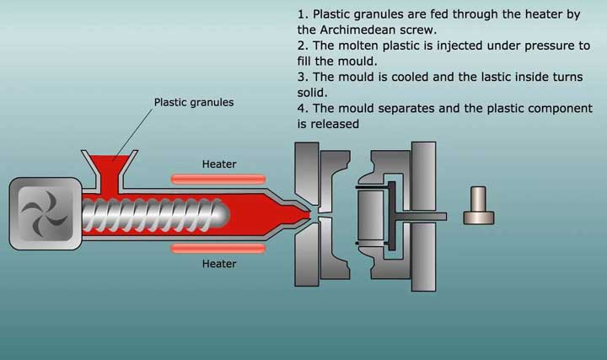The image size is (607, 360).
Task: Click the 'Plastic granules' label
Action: pos(194,103)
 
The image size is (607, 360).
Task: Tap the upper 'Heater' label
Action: pos(219,164)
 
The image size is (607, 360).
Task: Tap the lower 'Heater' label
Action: pos(219,263)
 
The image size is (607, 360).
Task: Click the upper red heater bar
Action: pos(218,178)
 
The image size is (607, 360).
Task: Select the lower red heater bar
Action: pos(218,248)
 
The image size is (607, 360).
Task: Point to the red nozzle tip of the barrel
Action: pos(305,214)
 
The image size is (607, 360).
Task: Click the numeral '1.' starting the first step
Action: pos(303,14)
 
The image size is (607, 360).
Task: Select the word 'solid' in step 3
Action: pos(313,92)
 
